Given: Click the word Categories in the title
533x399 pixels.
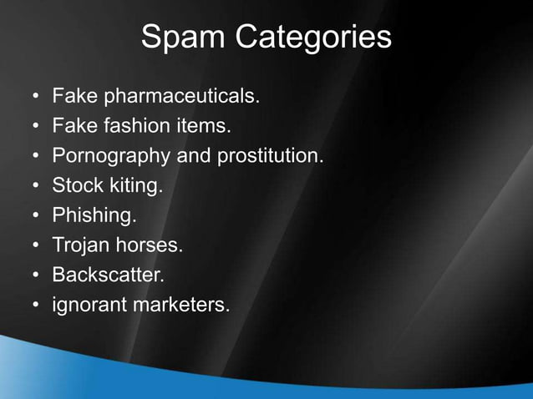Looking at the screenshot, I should click(x=313, y=38).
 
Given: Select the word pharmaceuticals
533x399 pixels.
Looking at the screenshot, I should click(x=180, y=97).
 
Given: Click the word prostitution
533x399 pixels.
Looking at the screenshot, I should click(x=270, y=156).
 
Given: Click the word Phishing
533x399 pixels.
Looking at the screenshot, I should click(x=94, y=215).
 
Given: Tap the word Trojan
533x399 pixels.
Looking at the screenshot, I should click(x=79, y=245).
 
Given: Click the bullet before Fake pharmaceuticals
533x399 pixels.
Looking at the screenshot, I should click(x=36, y=98).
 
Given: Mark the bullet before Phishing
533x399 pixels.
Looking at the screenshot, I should click(x=36, y=216).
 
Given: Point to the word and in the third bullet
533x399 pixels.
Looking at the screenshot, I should click(x=193, y=156).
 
